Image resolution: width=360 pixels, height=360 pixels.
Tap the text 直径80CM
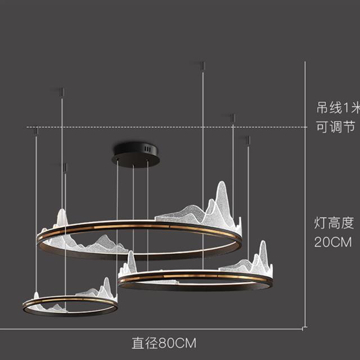(x=164, y=342)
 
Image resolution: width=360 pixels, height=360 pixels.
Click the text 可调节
(x=335, y=128)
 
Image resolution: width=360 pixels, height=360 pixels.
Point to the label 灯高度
(x=334, y=223)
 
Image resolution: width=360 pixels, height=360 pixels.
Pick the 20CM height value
(x=334, y=242)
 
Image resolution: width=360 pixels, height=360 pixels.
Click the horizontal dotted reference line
(x=169, y=127)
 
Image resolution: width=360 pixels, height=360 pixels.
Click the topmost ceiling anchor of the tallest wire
(x=202, y=66)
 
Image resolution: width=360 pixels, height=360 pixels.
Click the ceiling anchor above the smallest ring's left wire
(x=37, y=130)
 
